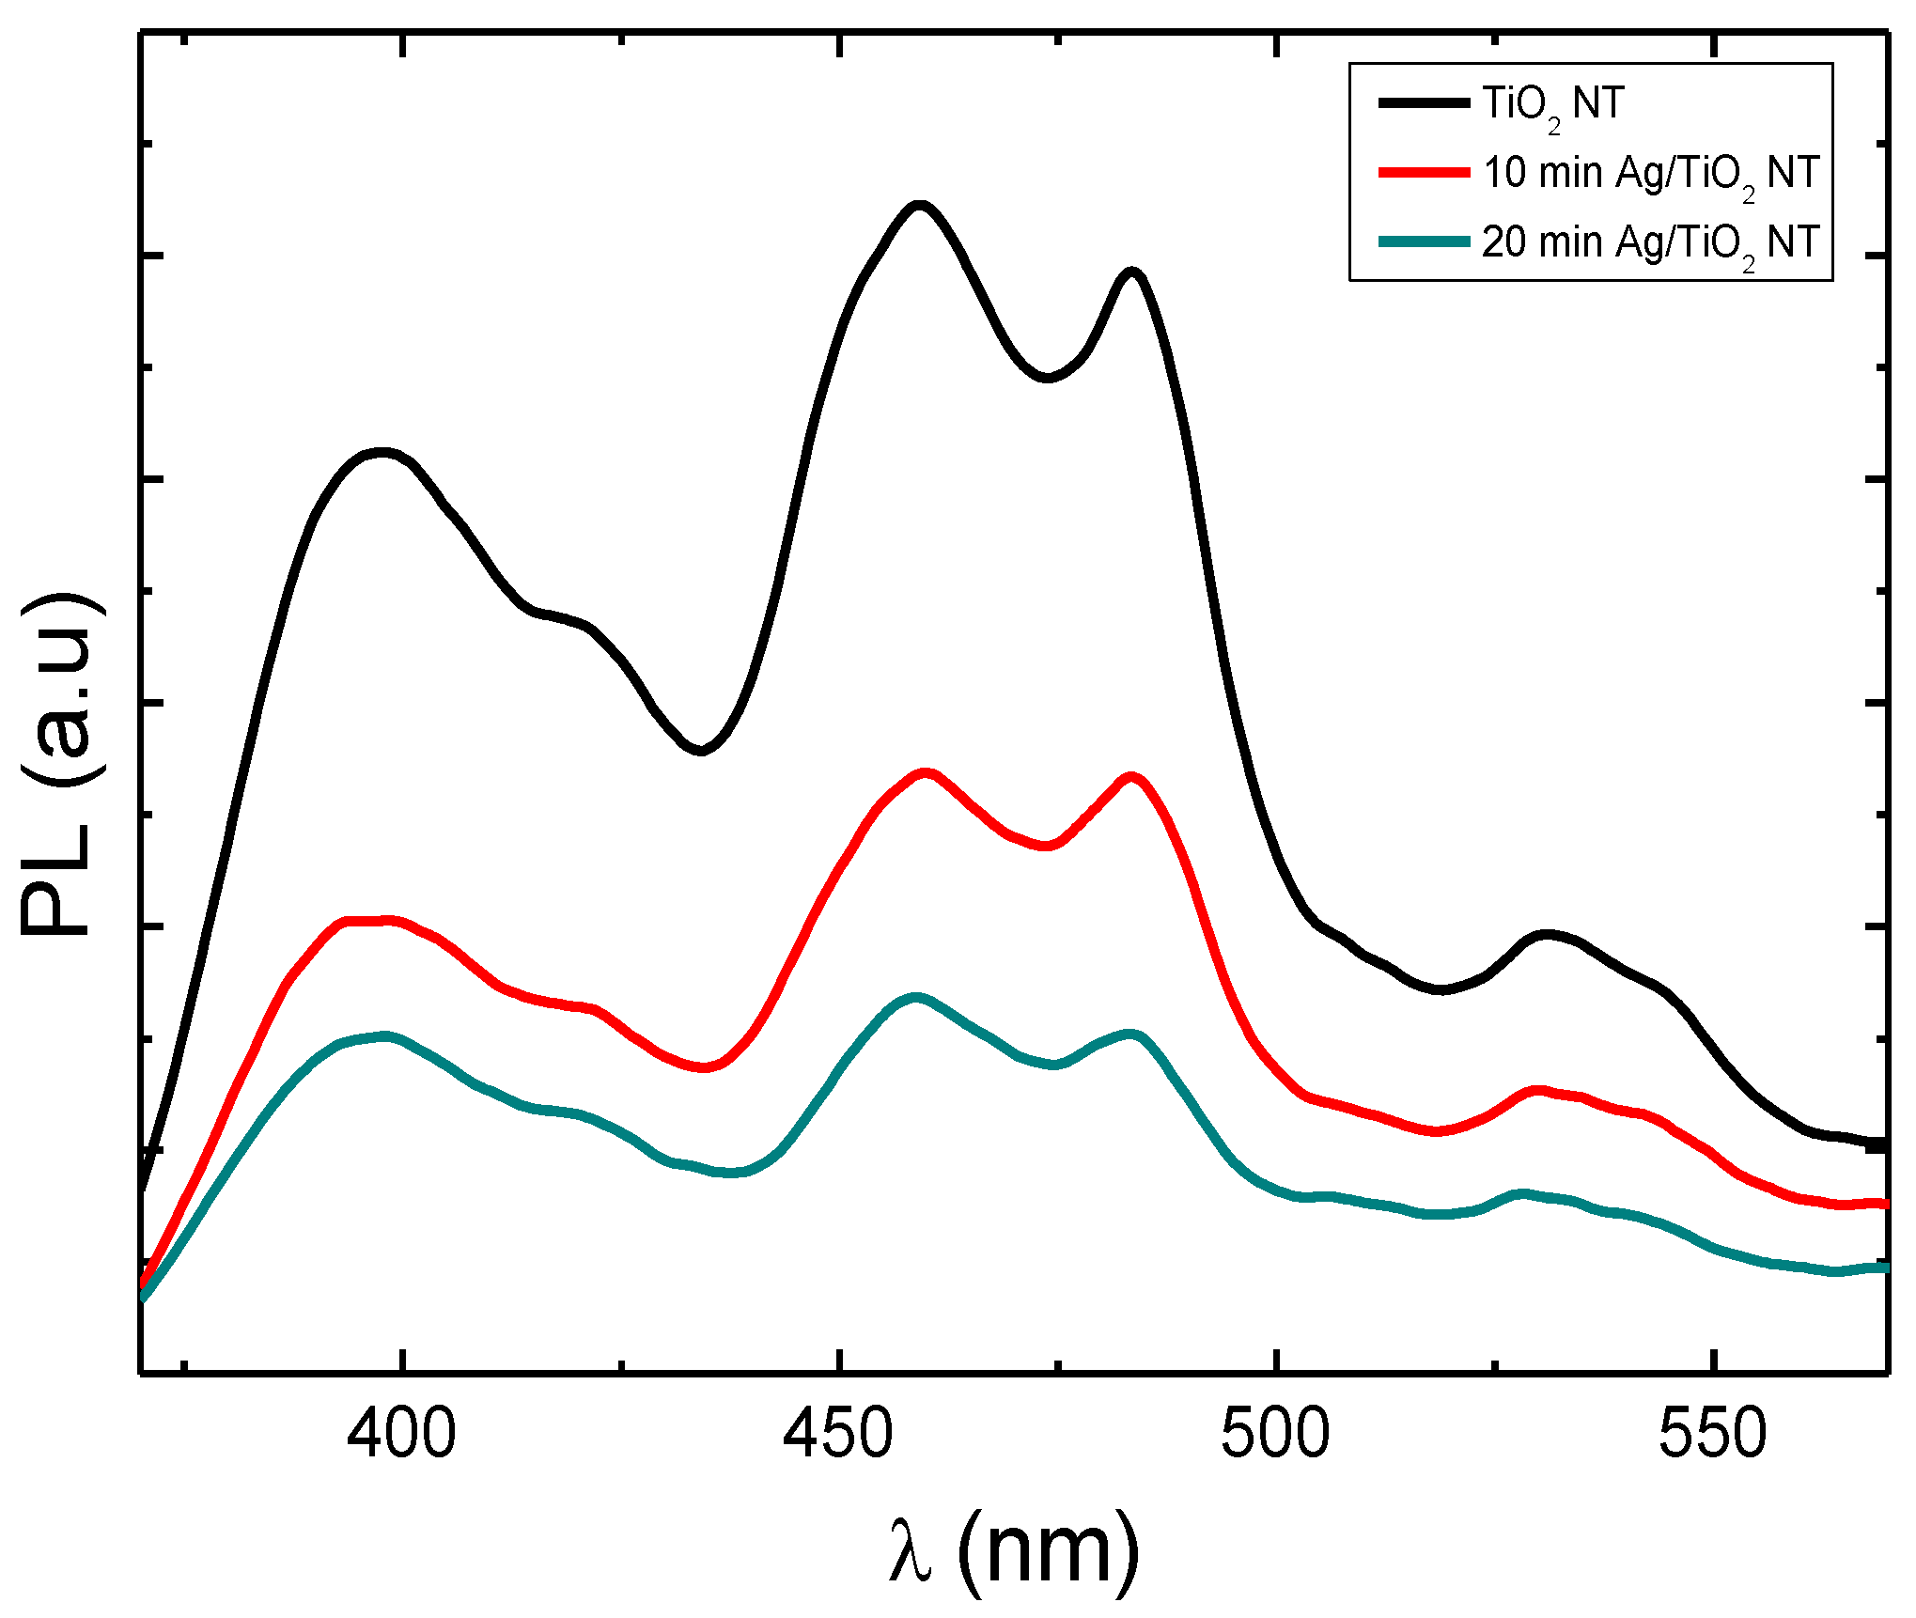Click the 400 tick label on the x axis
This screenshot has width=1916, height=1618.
click(x=401, y=1434)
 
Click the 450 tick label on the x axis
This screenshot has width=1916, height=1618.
click(x=838, y=1434)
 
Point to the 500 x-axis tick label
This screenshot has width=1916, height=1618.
click(x=1275, y=1434)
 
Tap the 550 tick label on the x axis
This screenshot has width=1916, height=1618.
click(x=1712, y=1434)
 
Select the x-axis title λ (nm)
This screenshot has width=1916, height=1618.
click(x=1013, y=1548)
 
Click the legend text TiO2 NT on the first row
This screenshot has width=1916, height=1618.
click(x=1552, y=103)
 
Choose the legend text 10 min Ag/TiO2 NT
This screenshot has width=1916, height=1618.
click(x=1651, y=174)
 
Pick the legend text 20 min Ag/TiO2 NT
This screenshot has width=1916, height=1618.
click(x=1651, y=242)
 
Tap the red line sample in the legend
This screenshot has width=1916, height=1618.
click(x=1424, y=173)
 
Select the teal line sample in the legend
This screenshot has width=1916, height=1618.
click(x=1424, y=242)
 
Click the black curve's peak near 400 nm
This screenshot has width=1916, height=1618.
click(x=381, y=453)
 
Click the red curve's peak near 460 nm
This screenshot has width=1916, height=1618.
click(x=926, y=773)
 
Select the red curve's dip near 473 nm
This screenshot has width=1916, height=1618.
click(x=1047, y=846)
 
